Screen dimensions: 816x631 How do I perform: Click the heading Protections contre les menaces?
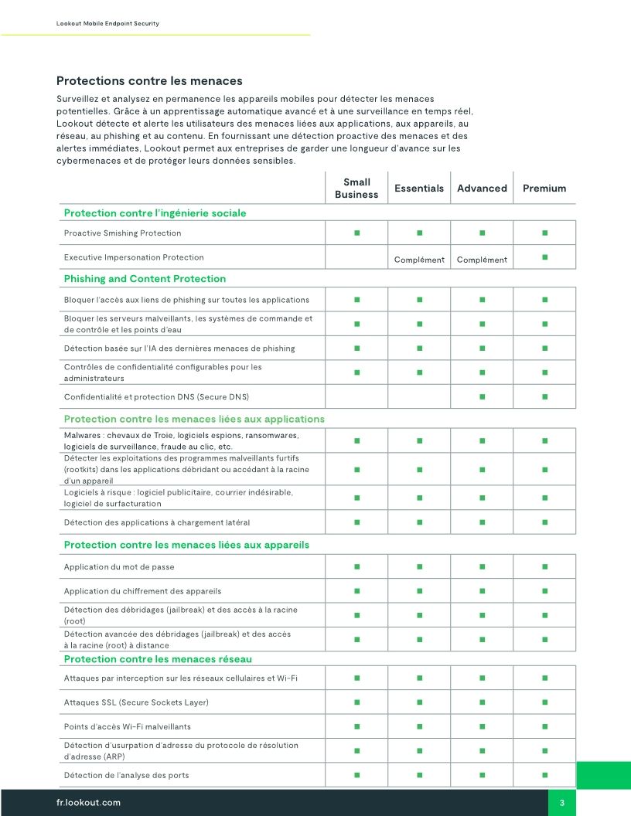pyautogui.click(x=149, y=81)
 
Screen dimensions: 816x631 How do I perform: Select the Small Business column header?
pyautogui.click(x=356, y=189)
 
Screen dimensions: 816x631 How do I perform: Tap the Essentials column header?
pyautogui.click(x=419, y=189)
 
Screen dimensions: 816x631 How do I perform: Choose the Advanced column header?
pyautogui.click(x=482, y=189)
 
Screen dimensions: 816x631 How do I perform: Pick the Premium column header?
pyautogui.click(x=544, y=189)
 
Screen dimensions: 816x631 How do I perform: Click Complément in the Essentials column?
pyautogui.click(x=419, y=260)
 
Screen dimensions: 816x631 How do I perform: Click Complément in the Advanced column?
pyautogui.click(x=482, y=260)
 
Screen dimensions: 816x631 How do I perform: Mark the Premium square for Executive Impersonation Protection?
pyautogui.click(x=544, y=256)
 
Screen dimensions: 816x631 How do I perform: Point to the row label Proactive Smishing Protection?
pyautogui.click(x=122, y=233)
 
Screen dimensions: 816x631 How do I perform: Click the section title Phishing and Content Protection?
pyautogui.click(x=145, y=279)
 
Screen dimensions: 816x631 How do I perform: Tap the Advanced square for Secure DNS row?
pyautogui.click(x=482, y=397)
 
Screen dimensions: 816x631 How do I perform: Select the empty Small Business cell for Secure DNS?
pyautogui.click(x=356, y=397)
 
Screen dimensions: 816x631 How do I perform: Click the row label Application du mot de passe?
pyautogui.click(x=119, y=567)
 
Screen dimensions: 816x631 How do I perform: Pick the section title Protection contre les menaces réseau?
pyautogui.click(x=158, y=659)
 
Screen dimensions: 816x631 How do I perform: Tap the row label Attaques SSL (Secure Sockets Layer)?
pyautogui.click(x=136, y=702)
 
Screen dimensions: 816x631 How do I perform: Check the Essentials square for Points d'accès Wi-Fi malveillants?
pyautogui.click(x=419, y=726)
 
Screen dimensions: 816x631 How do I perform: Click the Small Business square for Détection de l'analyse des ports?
pyautogui.click(x=356, y=774)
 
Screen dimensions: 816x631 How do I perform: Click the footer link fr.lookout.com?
pyautogui.click(x=89, y=803)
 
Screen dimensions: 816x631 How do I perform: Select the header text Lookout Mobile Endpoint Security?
pyautogui.click(x=107, y=24)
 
